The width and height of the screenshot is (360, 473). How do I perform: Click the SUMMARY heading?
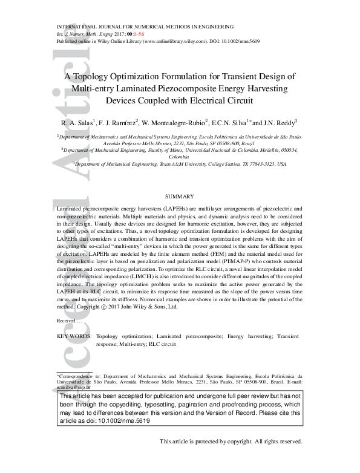180,197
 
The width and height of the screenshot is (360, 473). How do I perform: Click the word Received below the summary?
66,321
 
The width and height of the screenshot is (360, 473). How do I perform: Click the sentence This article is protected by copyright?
230,442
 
